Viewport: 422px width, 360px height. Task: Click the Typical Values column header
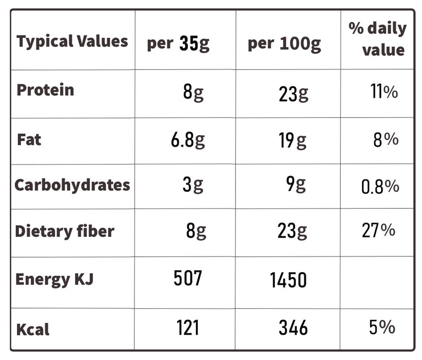[x=72, y=42]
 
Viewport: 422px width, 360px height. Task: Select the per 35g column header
[x=178, y=43]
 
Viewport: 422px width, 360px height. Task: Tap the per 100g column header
[x=284, y=44]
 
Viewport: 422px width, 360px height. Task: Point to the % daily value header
[x=377, y=39]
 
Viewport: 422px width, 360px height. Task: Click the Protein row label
[x=45, y=90]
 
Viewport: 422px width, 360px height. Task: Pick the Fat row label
[x=29, y=140]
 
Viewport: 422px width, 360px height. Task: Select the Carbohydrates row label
[x=72, y=185]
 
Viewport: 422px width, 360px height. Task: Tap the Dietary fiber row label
[x=65, y=231]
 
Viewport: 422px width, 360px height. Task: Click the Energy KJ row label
[x=54, y=279]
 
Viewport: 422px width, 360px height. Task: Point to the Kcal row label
[x=33, y=329]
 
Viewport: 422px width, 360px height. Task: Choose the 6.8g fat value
[x=188, y=140]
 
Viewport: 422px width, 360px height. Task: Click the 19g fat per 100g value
[x=292, y=140]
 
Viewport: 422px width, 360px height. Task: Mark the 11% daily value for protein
[x=384, y=91]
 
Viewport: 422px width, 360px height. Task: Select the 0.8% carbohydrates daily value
[x=380, y=187]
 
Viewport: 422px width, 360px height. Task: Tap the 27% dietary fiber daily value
[x=379, y=230]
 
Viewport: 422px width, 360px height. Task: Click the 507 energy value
[x=188, y=278]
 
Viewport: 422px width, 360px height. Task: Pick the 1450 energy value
[x=288, y=280]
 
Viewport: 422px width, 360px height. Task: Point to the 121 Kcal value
[x=188, y=328]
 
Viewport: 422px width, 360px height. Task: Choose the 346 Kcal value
[x=293, y=328]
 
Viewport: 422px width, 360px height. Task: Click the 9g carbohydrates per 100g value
[x=296, y=185]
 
